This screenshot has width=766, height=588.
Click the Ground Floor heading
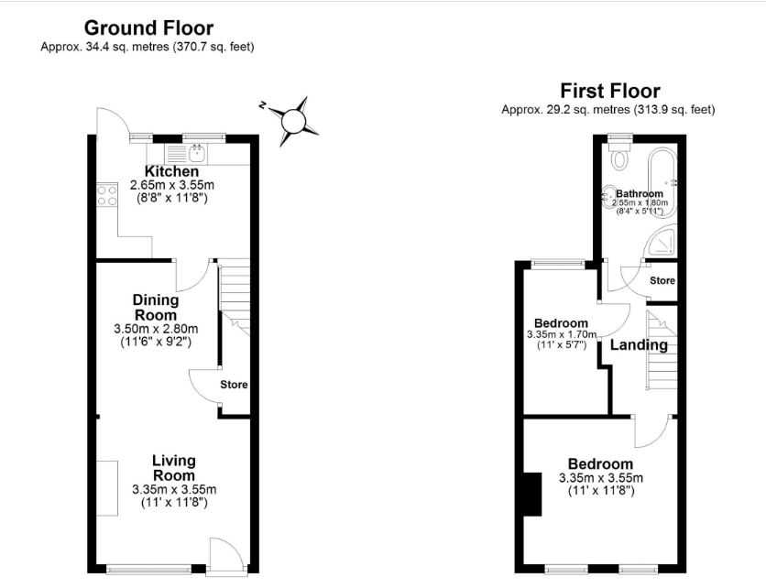click(x=148, y=27)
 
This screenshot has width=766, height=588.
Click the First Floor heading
click(x=609, y=91)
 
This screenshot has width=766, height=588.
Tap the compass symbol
click(x=292, y=121)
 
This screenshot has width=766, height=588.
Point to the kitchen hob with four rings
click(x=107, y=195)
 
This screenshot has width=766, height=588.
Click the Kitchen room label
click(x=172, y=171)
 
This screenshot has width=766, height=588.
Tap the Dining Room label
click(x=156, y=307)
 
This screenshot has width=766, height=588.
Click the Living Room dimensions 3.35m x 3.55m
click(x=174, y=489)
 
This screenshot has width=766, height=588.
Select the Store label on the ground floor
click(x=234, y=385)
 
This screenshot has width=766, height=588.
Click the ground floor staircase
click(x=234, y=297)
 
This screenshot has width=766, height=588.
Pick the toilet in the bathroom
click(x=620, y=154)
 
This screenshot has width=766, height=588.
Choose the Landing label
click(x=639, y=345)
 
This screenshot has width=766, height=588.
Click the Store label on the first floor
click(x=662, y=281)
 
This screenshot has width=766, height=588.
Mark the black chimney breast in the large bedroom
click(x=532, y=494)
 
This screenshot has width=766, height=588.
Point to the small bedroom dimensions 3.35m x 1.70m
click(x=562, y=334)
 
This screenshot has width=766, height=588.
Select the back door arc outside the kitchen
click(x=112, y=121)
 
